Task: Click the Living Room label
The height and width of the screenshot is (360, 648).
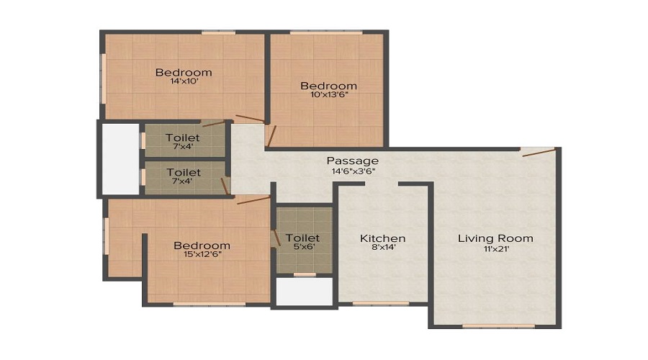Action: (x=495, y=238)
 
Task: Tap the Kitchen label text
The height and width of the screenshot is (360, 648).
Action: (x=382, y=238)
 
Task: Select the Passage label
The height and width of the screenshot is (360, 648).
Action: (x=352, y=160)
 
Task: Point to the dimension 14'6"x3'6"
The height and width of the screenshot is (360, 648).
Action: (x=352, y=171)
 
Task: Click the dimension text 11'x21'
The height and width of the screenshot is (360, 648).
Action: (x=495, y=249)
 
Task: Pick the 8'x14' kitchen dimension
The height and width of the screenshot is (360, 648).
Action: (x=382, y=249)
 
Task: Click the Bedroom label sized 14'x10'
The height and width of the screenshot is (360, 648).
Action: (x=184, y=72)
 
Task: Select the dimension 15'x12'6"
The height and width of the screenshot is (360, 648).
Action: (x=202, y=256)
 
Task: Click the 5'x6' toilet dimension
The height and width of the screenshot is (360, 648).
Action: (x=302, y=248)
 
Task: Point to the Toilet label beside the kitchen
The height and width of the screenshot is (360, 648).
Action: (x=302, y=238)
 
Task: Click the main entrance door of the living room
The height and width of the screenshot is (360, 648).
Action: (x=539, y=150)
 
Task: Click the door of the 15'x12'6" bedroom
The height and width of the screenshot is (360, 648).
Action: (x=252, y=199)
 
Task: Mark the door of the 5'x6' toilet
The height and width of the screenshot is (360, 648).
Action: (x=274, y=237)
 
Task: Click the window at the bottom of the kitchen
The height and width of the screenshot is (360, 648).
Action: (x=381, y=303)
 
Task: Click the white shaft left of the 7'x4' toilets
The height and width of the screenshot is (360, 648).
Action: (x=120, y=158)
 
